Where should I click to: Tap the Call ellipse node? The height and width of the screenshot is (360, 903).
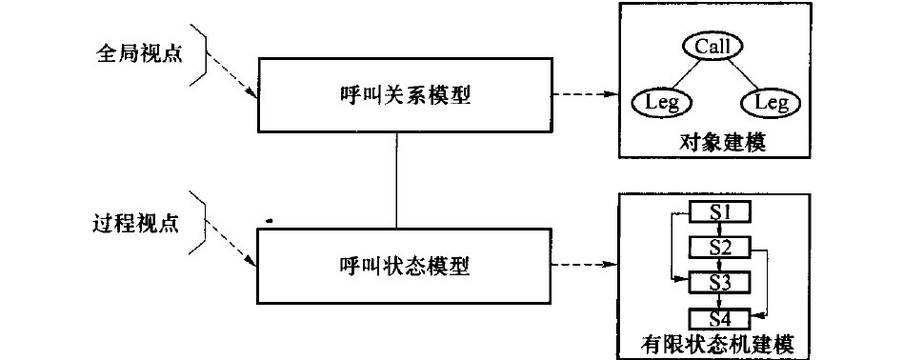(x=712, y=46)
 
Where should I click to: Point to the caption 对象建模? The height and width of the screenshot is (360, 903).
(x=712, y=143)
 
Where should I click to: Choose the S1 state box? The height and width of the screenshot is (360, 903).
(x=720, y=210)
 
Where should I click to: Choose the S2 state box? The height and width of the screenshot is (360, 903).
(x=720, y=247)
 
